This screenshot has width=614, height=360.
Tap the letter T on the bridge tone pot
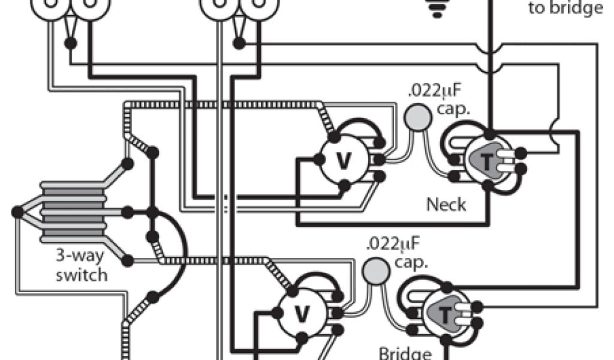click(445, 314)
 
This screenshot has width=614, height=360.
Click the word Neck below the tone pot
click(446, 205)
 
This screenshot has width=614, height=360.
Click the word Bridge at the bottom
click(407, 353)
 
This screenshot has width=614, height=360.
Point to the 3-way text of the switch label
click(80, 257)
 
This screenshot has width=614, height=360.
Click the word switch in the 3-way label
click(82, 275)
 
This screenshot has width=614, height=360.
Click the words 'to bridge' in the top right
click(565, 8)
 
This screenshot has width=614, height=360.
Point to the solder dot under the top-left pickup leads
click(71, 44)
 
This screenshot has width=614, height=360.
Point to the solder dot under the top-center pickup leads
click(239, 44)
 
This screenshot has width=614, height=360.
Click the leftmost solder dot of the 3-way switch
click(17, 211)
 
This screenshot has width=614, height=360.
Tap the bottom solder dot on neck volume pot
click(344, 184)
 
